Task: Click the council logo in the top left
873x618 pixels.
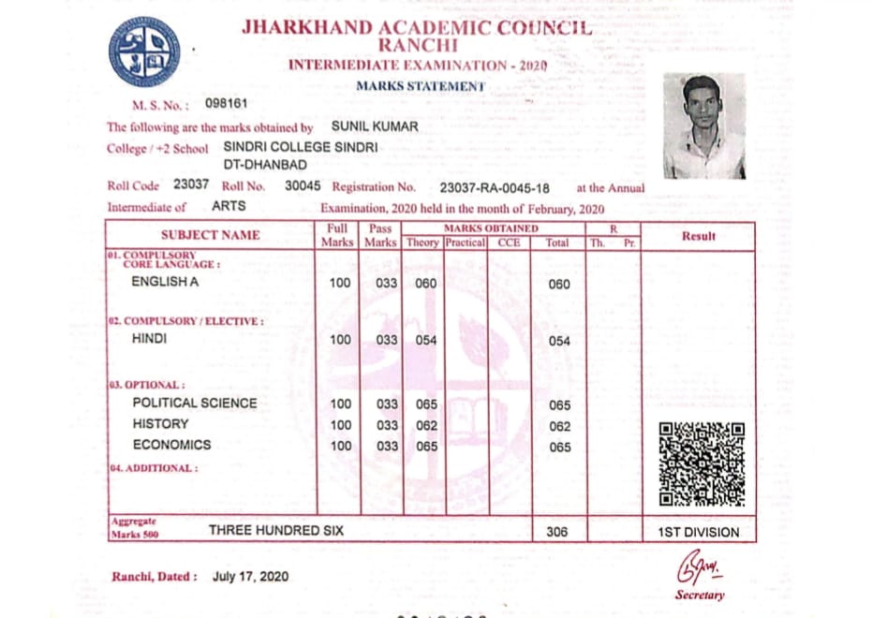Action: click(144, 52)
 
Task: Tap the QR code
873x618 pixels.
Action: click(702, 464)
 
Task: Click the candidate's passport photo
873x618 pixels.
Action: click(704, 125)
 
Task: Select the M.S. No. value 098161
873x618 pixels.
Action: click(226, 103)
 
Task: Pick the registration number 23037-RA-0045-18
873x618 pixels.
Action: click(495, 187)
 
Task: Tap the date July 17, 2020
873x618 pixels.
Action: click(250, 576)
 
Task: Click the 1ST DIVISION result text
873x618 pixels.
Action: click(698, 532)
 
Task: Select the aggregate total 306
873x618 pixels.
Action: click(557, 532)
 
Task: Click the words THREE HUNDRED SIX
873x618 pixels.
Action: click(276, 530)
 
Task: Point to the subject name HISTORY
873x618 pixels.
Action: click(160, 424)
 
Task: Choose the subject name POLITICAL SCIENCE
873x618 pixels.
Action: click(194, 403)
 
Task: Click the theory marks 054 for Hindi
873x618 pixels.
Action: click(426, 341)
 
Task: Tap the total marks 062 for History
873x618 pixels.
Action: click(559, 426)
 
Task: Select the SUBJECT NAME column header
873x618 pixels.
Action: click(211, 235)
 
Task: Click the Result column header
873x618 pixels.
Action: click(698, 236)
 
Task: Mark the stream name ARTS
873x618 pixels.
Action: click(229, 206)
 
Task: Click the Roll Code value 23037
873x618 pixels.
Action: click(191, 185)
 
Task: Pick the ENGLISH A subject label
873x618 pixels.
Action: click(165, 281)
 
